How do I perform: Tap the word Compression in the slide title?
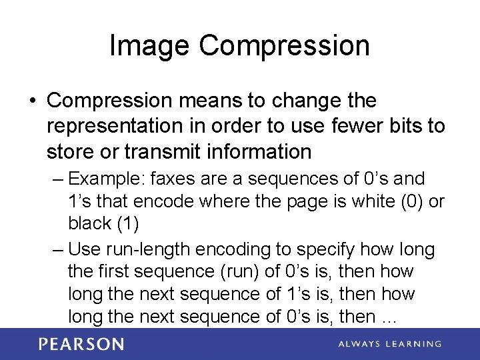284,46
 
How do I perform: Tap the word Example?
107,179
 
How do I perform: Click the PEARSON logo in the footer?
81,344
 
